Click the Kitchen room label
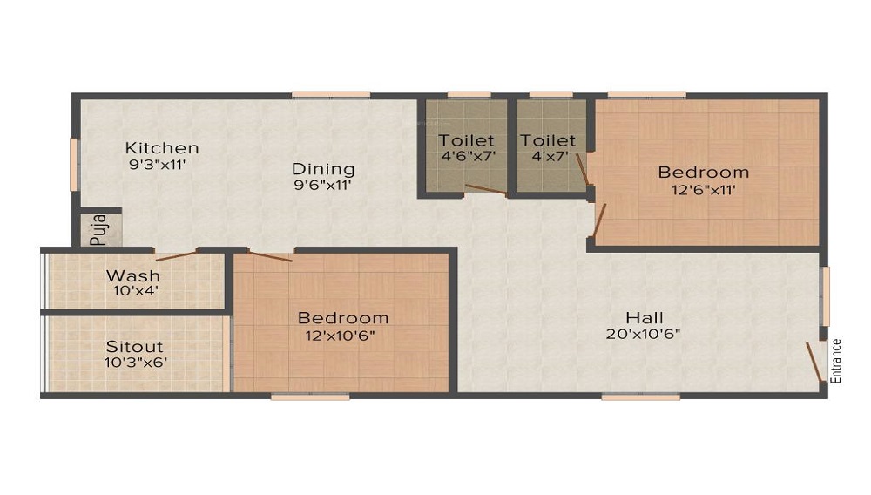pos(161,147)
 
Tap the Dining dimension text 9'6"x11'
pos(323,185)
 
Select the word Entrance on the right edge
pos(836,360)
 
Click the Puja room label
pos(98,229)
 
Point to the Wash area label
pos(133,276)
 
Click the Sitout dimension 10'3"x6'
pos(134,362)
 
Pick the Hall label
pos(644,316)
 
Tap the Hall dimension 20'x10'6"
pos(644,333)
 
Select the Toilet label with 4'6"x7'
pos(466,140)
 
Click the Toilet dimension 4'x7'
pos(549,157)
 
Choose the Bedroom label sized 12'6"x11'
pos(703,172)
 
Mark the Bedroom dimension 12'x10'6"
pos(342,334)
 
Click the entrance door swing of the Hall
pos(815,361)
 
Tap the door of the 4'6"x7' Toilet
pos(485,189)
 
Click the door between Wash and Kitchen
pos(176,255)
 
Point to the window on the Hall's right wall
pos(826,296)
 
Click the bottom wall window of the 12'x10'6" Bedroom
pos(309,397)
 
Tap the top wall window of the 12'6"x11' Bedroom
pos(646,94)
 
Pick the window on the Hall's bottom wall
pos(628,397)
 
